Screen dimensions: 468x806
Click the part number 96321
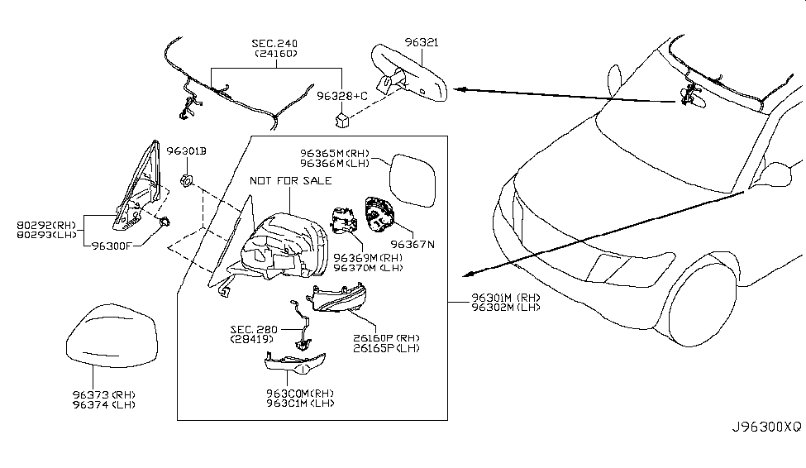pos(422,41)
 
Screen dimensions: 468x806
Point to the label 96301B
pos(186,152)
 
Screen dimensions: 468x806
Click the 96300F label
pos(113,245)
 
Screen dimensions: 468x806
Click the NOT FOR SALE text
pos(290,180)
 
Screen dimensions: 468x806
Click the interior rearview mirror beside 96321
pos(409,76)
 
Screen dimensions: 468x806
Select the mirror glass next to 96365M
pos(418,179)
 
